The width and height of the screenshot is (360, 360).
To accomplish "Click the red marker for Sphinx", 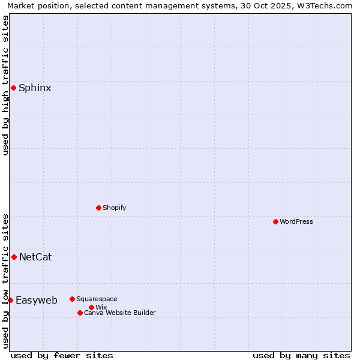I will [13, 88].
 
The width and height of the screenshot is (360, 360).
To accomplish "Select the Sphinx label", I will [35, 88].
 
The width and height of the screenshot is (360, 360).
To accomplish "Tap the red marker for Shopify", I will [99, 208].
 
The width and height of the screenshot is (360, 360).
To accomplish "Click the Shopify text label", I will [114, 208].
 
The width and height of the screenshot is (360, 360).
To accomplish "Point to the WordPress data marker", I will [275, 221].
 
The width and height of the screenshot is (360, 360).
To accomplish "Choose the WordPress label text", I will [296, 221].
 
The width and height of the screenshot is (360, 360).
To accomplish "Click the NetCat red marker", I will [14, 257].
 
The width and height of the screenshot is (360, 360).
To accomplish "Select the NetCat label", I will [35, 257].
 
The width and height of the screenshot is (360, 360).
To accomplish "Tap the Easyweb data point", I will [10, 300].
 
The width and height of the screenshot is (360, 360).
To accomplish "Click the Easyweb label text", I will [37, 301].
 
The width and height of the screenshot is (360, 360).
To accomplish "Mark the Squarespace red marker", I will [72, 299].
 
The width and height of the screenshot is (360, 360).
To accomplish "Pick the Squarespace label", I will [97, 299].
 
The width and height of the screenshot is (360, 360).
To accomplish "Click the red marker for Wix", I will [91, 307].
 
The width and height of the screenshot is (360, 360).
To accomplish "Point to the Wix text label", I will [101, 307].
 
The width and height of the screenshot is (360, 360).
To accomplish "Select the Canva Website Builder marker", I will [80, 313].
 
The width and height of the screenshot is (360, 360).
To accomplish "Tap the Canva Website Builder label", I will [120, 313].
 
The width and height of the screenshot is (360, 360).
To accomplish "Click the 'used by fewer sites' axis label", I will [62, 355].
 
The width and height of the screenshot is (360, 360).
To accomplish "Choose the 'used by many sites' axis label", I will [301, 355].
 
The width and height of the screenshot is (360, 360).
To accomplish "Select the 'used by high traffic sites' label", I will [5, 85].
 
